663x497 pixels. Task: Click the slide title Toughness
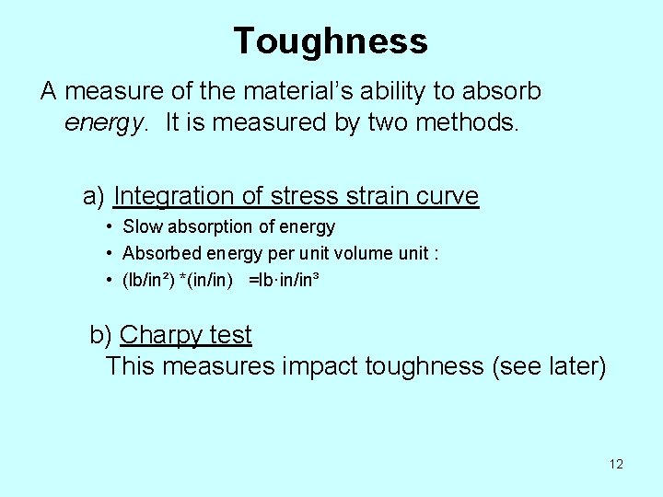[331, 41]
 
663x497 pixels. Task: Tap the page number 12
[616, 464]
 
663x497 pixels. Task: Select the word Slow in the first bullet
[142, 227]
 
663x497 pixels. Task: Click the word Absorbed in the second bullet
[157, 253]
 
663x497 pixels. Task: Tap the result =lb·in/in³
[284, 280]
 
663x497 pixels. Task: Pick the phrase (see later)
[550, 366]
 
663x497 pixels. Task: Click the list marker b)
[101, 335]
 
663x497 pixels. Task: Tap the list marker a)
[95, 196]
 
